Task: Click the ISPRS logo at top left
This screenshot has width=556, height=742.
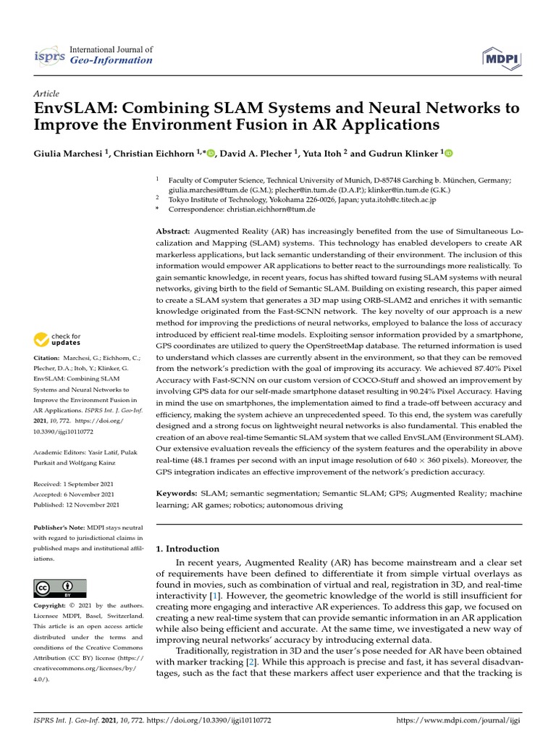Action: coord(50,55)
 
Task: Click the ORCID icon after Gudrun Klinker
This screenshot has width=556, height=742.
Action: coord(447,153)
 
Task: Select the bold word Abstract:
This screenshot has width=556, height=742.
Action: coord(174,230)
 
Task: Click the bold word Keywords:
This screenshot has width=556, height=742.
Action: coord(176,493)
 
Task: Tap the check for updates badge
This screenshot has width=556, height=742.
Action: coord(57,339)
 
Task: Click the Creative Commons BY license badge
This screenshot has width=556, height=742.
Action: coord(59,588)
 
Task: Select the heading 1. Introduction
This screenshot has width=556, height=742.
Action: coord(188,549)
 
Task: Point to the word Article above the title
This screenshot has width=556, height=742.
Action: coord(46,94)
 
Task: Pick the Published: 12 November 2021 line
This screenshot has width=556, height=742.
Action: coord(77,504)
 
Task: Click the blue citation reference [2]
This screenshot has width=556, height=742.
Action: coord(249,662)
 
